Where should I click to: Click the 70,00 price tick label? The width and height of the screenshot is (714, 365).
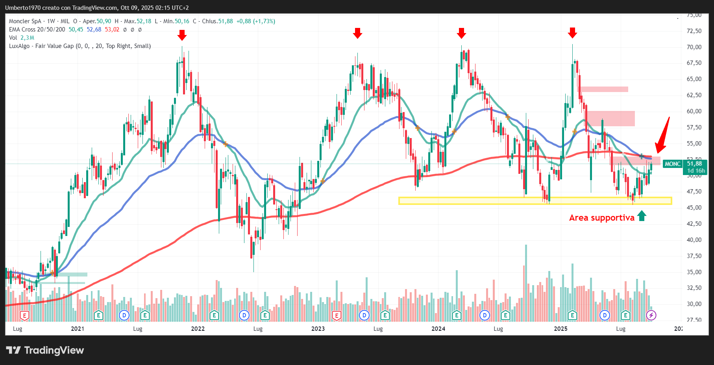click(x=694, y=47)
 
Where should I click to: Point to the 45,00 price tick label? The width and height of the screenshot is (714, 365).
click(x=694, y=207)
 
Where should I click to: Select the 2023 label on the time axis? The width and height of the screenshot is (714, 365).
click(x=318, y=328)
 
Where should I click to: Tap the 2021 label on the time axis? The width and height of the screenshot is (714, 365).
click(x=78, y=328)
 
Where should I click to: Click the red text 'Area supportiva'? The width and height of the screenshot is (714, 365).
click(x=601, y=218)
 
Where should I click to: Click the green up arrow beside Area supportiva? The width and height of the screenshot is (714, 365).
click(x=642, y=216)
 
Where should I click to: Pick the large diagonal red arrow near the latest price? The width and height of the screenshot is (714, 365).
click(x=662, y=136)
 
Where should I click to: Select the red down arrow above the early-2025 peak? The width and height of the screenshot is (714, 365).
click(x=572, y=33)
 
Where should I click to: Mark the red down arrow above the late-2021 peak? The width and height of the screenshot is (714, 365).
click(x=182, y=35)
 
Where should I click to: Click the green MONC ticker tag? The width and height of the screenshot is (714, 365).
click(x=673, y=164)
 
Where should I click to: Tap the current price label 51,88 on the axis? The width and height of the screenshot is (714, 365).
click(x=694, y=164)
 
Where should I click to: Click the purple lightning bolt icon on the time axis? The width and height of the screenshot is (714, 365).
click(x=651, y=315)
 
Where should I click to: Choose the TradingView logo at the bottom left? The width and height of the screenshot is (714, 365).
click(x=45, y=350)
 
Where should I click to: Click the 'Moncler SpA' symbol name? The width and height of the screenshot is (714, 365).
click(x=25, y=21)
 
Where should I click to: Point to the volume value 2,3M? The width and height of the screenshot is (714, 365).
click(x=27, y=38)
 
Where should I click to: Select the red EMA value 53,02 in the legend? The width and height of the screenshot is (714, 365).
click(x=112, y=29)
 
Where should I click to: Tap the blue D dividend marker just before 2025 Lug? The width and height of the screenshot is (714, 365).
click(x=605, y=315)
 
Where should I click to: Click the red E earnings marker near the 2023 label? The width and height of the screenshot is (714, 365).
click(x=337, y=315)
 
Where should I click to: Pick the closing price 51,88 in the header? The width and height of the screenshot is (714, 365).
click(x=225, y=21)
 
